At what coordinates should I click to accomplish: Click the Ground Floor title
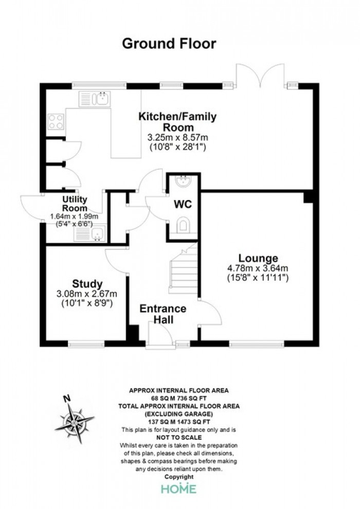click(169, 44)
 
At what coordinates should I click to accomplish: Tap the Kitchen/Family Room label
click(177, 121)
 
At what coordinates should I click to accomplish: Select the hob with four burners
click(56, 122)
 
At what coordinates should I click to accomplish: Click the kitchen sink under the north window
click(95, 99)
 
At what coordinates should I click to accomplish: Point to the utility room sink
click(90, 234)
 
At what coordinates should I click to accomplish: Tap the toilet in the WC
click(184, 226)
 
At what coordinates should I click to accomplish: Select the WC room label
click(183, 204)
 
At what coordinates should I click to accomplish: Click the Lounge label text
click(258, 259)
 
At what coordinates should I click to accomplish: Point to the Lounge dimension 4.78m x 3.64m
click(258, 268)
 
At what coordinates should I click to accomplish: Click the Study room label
click(87, 284)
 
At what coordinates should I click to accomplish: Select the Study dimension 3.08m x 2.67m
click(87, 294)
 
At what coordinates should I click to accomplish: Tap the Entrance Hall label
click(163, 314)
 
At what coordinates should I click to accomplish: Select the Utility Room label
click(75, 204)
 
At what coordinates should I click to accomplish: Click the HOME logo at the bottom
click(179, 489)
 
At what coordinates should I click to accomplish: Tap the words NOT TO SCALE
click(179, 438)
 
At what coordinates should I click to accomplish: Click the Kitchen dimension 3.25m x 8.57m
click(177, 137)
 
